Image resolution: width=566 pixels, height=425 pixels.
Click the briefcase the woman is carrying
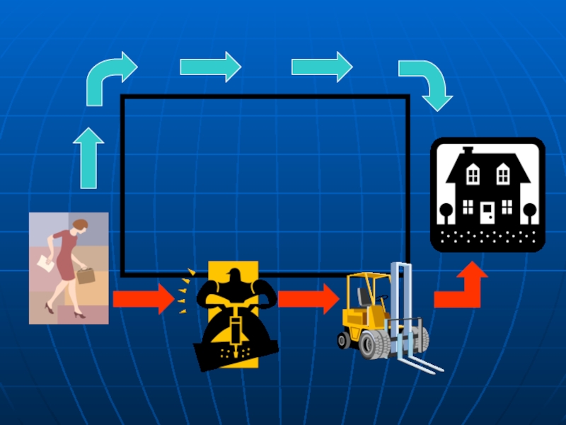click(x=86, y=276)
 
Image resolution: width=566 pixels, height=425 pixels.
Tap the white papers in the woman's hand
click(x=44, y=263)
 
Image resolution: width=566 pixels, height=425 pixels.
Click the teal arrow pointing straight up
click(x=88, y=159)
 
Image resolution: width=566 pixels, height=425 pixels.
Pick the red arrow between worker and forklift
click(x=308, y=299)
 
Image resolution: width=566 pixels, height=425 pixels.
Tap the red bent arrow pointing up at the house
click(x=463, y=287)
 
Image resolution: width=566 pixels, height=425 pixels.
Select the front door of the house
click(x=487, y=210)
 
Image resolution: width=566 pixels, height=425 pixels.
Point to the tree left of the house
click(x=446, y=210)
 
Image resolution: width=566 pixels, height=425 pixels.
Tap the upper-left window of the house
click(x=473, y=173)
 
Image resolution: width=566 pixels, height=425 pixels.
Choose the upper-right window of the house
click(x=503, y=173)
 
